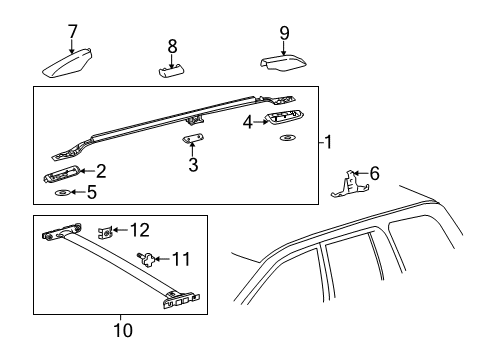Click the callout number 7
click(x=72, y=32)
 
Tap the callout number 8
click(x=172, y=46)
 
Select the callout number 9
click(x=284, y=33)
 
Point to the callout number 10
click(x=123, y=330)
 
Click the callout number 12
click(x=140, y=230)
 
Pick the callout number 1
click(x=329, y=142)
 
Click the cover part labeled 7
click(x=67, y=63)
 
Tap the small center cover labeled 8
click(x=171, y=71)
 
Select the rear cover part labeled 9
click(x=284, y=64)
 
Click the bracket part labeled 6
click(x=349, y=185)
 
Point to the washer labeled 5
click(x=63, y=193)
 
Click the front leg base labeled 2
click(x=61, y=174)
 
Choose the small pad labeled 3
click(x=193, y=138)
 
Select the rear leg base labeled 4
click(x=284, y=117)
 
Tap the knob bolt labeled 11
click(x=146, y=259)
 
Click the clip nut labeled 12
click(x=105, y=232)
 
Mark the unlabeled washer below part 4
click(x=287, y=138)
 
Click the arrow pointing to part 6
click(x=360, y=173)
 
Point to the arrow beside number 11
click(x=163, y=259)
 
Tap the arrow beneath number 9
click(x=284, y=49)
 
